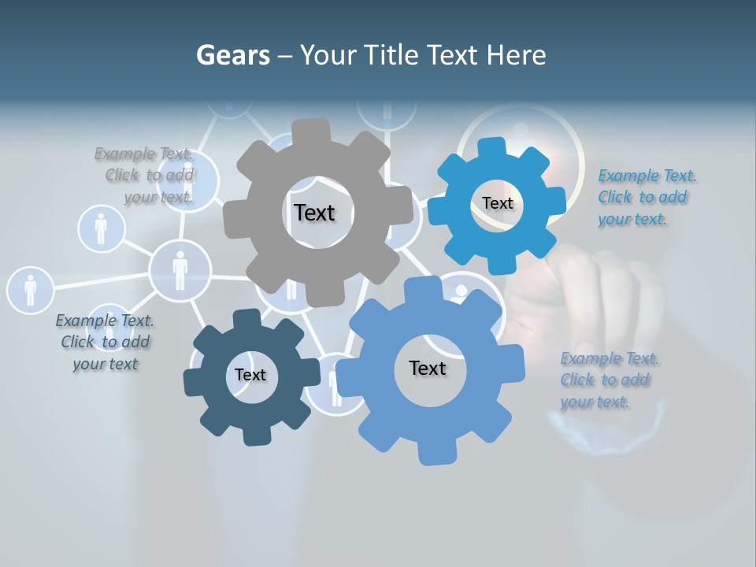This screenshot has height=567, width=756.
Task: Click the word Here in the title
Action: point(517,55)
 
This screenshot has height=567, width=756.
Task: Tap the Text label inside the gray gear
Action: point(314,213)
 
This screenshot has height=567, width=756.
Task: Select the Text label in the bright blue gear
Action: point(497,203)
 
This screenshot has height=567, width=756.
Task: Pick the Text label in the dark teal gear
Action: point(250,375)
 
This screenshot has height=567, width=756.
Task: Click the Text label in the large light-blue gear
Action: point(427,368)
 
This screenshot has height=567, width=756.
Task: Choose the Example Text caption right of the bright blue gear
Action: point(646,197)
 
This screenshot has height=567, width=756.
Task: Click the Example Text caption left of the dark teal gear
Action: point(105,342)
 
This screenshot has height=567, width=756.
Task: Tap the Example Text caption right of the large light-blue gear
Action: point(608,380)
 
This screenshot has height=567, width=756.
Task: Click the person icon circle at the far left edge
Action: point(30,289)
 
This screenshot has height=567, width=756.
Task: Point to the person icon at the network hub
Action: point(180,270)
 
